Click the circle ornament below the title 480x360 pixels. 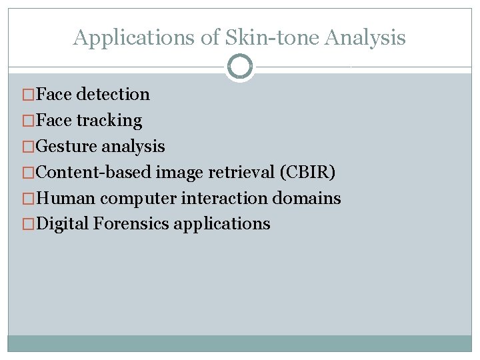tap(240, 67)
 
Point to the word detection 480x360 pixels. tap(113, 95)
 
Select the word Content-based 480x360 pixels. tap(93, 172)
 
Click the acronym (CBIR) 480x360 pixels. tap(308, 172)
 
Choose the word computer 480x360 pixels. tap(136, 198)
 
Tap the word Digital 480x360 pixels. tap(63, 224)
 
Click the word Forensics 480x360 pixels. tap(131, 224)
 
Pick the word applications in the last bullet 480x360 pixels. tap(222, 224)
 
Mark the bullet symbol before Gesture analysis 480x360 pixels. tap(29, 146)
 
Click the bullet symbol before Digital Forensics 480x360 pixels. tap(29, 224)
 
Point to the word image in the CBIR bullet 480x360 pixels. tap(180, 172)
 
